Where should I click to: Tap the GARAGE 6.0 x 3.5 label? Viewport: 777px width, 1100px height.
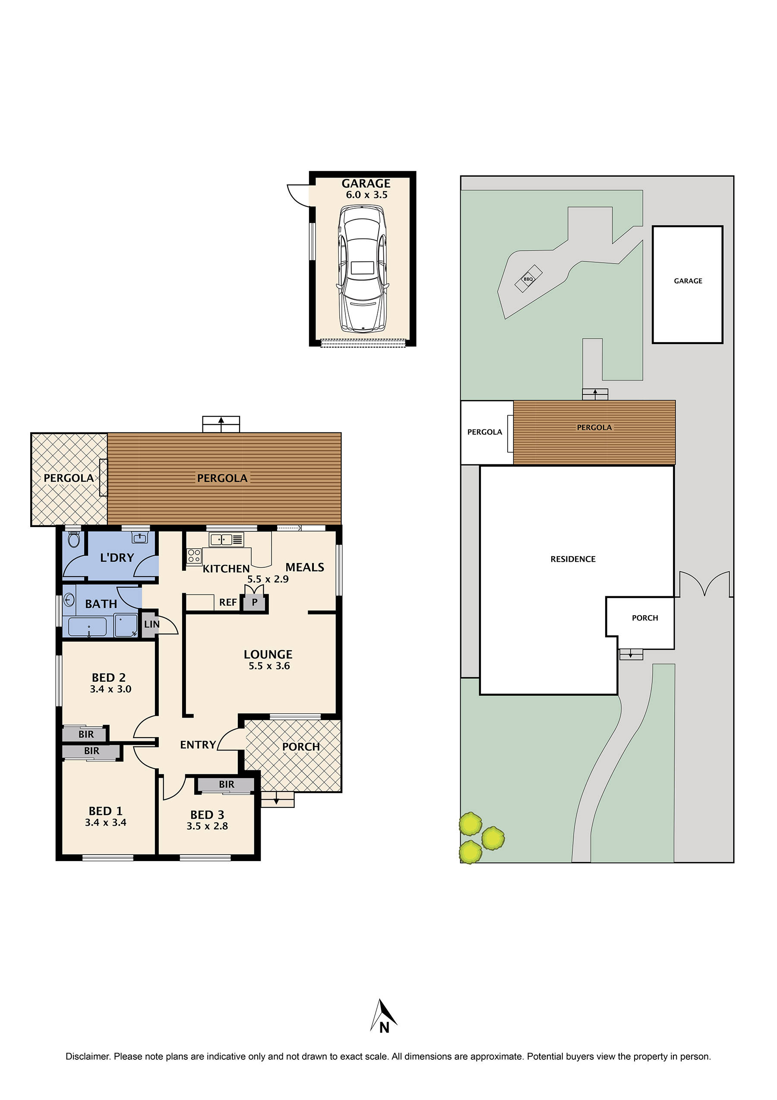point(366,189)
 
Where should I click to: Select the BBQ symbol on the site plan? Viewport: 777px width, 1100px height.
point(528,278)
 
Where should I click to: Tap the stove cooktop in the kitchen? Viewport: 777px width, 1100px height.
point(194,556)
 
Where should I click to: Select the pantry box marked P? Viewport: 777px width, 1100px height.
point(255,602)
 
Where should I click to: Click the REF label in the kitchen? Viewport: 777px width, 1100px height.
point(228,602)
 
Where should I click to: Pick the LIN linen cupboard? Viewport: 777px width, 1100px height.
point(150,624)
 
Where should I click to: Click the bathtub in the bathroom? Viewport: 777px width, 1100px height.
point(88,626)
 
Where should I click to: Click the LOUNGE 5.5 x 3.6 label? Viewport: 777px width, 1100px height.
point(268,660)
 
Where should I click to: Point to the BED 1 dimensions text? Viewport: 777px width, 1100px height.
point(105,823)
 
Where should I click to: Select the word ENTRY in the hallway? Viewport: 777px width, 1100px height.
point(198,744)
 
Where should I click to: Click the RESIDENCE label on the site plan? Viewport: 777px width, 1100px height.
point(572,559)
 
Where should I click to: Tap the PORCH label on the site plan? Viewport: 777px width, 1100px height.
point(644,618)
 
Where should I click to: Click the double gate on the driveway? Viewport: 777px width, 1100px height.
point(704,584)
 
